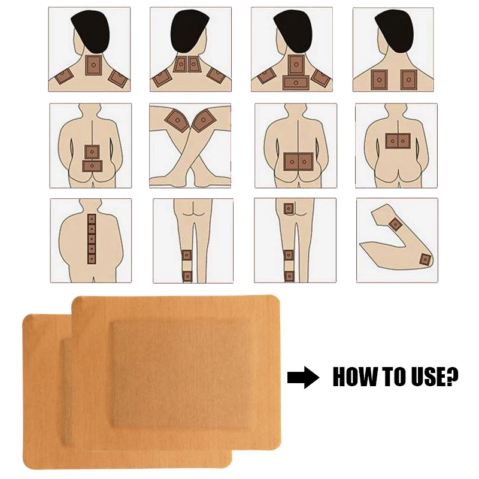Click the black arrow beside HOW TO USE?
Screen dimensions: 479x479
pyautogui.click(x=303, y=378)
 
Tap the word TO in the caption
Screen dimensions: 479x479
pyautogui.click(x=398, y=377)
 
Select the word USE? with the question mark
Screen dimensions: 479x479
pyautogui.click(x=438, y=377)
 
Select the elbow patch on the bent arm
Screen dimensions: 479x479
pyautogui.click(x=425, y=259)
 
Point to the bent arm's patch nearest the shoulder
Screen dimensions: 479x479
pyautogui.click(x=395, y=224)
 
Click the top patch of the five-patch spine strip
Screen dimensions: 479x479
pyautogui.click(x=92, y=219)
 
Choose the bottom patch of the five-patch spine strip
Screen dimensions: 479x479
pyautogui.click(x=92, y=259)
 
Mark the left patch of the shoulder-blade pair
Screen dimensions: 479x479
pyautogui.click(x=378, y=78)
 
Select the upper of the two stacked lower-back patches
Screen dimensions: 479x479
pyautogui.click(x=92, y=150)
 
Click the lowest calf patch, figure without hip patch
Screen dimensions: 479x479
pyautogui.click(x=187, y=275)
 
